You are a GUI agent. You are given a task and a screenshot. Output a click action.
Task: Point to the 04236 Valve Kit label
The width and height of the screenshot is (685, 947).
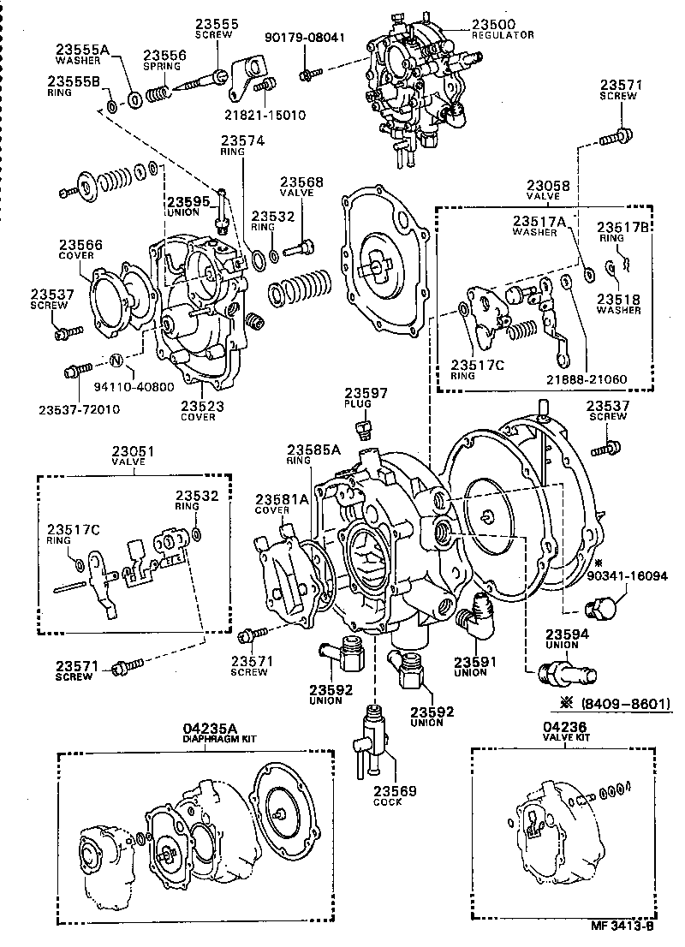(563, 730)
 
